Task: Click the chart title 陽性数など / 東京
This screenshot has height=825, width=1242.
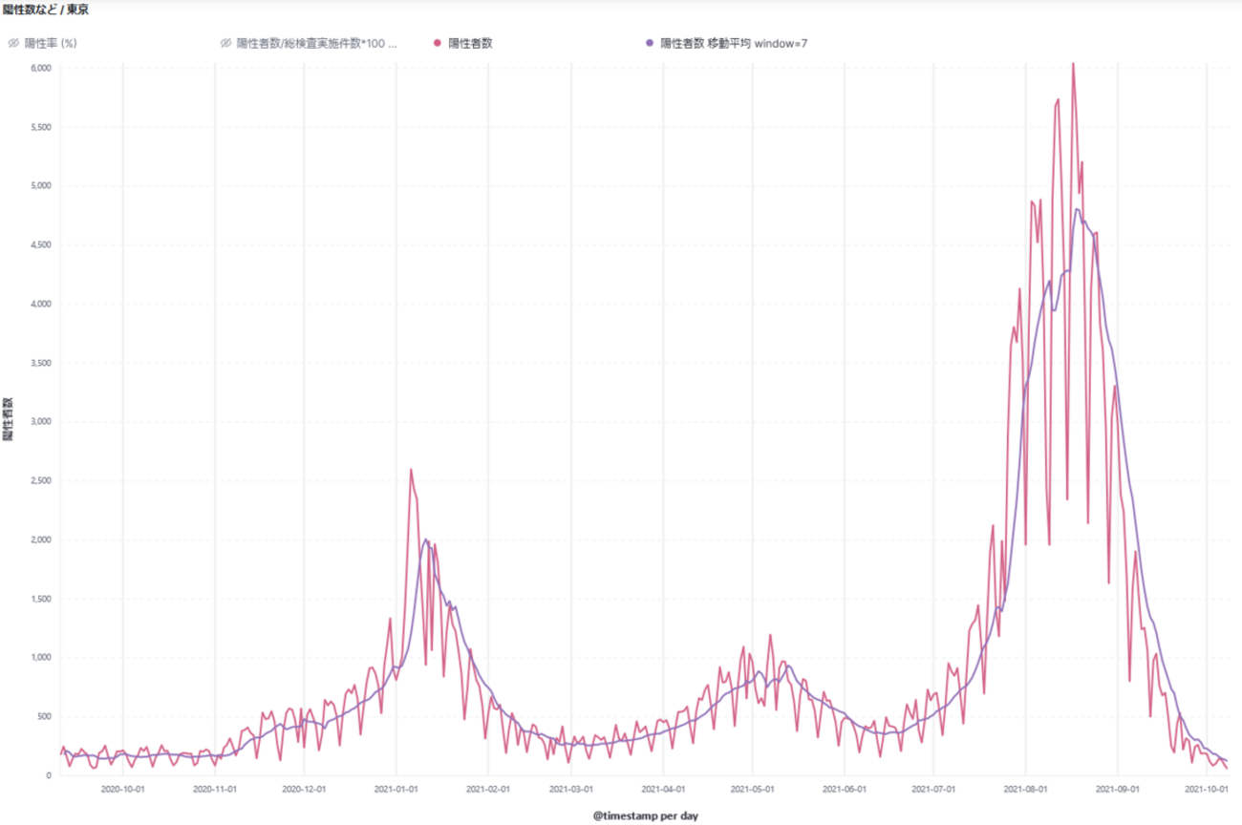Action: click(46, 10)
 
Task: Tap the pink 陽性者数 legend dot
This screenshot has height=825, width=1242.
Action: click(438, 43)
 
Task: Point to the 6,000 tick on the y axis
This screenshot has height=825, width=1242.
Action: click(39, 68)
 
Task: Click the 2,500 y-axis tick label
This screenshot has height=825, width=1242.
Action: click(39, 480)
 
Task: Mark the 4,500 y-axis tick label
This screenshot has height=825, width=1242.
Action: click(39, 244)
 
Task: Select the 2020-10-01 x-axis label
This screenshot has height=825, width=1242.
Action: click(123, 789)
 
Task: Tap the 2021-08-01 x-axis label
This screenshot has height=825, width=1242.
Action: click(1025, 789)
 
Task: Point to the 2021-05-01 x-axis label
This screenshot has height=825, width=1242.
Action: click(753, 789)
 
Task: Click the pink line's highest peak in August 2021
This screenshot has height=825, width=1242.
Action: click(1073, 64)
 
